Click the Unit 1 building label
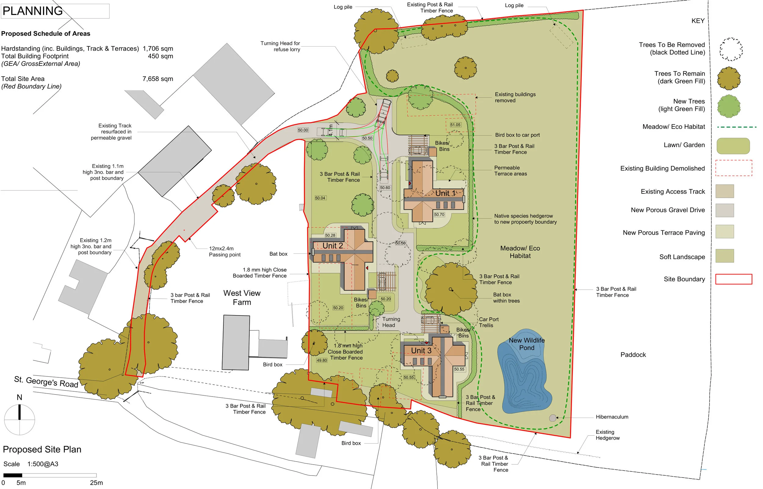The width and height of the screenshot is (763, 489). coord(445,193)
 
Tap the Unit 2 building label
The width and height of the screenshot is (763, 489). coord(332,246)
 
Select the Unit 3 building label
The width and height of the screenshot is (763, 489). coord(421,351)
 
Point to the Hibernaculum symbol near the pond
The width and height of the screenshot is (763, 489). coord(552,418)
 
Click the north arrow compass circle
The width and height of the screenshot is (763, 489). coord(19,419)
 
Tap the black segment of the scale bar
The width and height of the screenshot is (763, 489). coord(13,475)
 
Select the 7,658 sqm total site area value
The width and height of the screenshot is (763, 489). coord(157,79)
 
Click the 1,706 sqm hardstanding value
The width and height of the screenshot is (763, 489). coord(157,49)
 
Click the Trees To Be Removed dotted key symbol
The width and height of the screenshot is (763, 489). coord(731,49)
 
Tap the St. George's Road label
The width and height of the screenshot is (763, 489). coord(46,382)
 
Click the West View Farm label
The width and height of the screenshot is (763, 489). coord(242,297)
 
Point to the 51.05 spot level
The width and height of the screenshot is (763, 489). coord(455,125)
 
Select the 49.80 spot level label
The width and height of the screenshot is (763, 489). coord(321,360)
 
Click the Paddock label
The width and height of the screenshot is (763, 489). coord(633,355)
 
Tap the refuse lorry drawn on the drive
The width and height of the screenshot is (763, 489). coord(383,111)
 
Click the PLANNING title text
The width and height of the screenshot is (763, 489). coord(33,11)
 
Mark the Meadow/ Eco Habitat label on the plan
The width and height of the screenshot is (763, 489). coord(520,252)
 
